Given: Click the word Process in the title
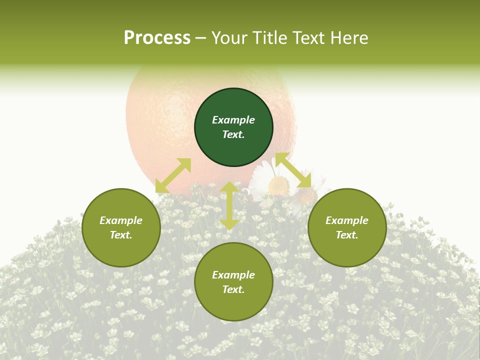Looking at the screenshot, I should pyautogui.click(x=157, y=38).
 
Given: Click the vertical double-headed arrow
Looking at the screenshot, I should pyautogui.click(x=229, y=205).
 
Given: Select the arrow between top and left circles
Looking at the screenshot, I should pyautogui.click(x=173, y=175).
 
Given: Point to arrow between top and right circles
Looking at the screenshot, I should pyautogui.click(x=293, y=170).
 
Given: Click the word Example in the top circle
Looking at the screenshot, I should pyautogui.click(x=233, y=120).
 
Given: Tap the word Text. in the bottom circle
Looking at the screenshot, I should pyautogui.click(x=233, y=289).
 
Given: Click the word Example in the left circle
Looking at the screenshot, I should pyautogui.click(x=121, y=220).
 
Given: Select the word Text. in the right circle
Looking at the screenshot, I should pyautogui.click(x=347, y=235).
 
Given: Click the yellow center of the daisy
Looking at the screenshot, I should pyautogui.click(x=278, y=186).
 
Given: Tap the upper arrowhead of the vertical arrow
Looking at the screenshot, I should pyautogui.click(x=229, y=187).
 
